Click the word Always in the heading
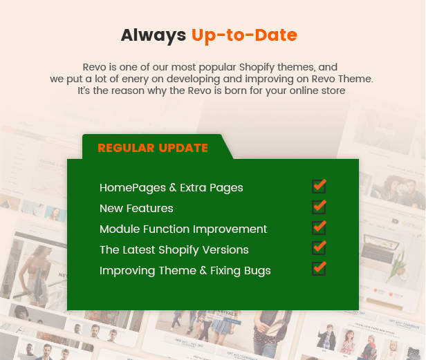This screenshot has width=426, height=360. pos(154,35)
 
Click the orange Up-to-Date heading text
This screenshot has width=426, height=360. pos(244,35)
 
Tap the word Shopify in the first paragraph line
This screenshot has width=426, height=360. pos(257,67)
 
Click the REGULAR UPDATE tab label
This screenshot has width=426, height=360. pos(153,148)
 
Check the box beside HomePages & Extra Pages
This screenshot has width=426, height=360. pos(319,187)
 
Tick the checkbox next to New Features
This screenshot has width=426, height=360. pos(319,207)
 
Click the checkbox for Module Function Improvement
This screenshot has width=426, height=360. pos(319,227)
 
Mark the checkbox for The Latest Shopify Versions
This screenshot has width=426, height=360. pos(319,248)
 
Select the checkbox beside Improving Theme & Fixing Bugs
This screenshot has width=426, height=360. pos(319,269)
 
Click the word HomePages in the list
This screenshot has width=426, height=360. pos(133,188)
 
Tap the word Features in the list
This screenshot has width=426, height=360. pos(149,209)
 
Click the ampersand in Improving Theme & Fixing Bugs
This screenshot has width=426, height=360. pos(203,271)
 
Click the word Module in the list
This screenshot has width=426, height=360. pos(120,229)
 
